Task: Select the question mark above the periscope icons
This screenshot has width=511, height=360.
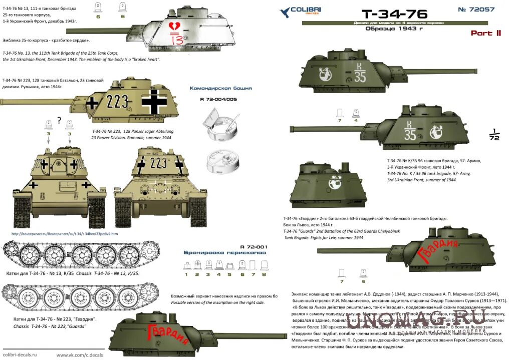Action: [x=60, y=120]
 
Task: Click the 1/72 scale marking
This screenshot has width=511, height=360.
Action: [x=494, y=136]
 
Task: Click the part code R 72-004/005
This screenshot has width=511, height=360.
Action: [x=218, y=99]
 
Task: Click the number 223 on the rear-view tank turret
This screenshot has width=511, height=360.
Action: [x=159, y=163]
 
